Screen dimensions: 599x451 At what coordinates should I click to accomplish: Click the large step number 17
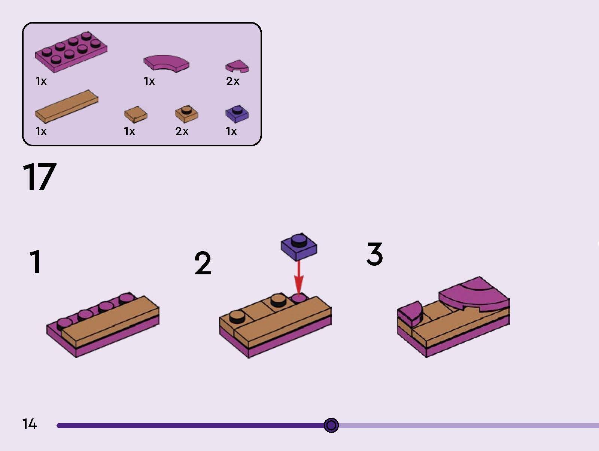pos(40,177)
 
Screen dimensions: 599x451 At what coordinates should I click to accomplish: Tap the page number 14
pos(29,424)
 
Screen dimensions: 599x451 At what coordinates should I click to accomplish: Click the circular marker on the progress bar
pos(331,425)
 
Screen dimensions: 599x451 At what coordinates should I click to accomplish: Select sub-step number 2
pos(203,263)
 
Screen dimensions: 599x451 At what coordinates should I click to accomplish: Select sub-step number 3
pos(374,254)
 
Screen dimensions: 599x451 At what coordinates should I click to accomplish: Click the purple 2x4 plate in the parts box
pos(71,52)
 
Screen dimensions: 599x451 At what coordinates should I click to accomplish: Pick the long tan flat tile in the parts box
pos(67,107)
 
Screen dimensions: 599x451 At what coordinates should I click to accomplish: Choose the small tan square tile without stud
pos(136,114)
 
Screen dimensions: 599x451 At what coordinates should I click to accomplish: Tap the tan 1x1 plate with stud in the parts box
pos(187,114)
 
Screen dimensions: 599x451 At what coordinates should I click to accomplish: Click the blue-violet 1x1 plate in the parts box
pos(237,114)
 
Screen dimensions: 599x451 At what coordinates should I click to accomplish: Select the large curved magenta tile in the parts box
pos(167,63)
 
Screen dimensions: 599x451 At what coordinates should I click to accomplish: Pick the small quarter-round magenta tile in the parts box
pos(237,66)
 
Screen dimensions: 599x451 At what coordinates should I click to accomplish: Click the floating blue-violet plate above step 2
pos(299,247)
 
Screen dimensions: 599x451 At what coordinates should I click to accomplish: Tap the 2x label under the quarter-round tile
pos(233,81)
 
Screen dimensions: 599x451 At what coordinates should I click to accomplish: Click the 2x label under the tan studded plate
pos(182,131)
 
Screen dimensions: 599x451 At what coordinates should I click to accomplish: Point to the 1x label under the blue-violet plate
pos(231,131)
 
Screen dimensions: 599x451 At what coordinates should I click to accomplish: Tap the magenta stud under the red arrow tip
pos(299,298)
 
